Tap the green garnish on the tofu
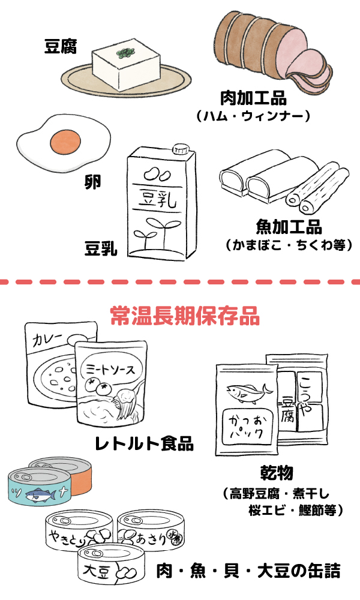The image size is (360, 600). pyautogui.click(x=125, y=55)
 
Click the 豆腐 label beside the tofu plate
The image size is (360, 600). pyautogui.click(x=61, y=46)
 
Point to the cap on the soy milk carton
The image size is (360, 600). pyautogui.click(x=179, y=148)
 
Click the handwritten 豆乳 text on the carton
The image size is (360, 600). pyautogui.click(x=158, y=199)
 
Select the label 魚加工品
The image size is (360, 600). pyautogui.click(x=289, y=226)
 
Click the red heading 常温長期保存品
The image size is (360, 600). pyautogui.click(x=185, y=316)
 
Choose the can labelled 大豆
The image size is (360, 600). pyautogui.click(x=108, y=566)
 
